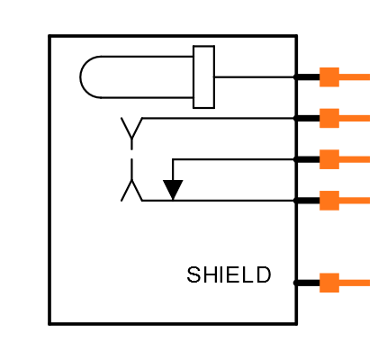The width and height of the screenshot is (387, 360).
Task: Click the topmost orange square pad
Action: [329, 77]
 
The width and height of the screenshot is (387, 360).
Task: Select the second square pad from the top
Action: [329, 118]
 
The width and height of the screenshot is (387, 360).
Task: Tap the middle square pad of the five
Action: [329, 159]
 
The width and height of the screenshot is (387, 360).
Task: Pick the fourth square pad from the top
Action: [329, 201]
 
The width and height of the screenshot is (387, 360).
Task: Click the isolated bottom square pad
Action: [329, 283]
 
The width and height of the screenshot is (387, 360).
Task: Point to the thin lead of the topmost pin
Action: [355, 77]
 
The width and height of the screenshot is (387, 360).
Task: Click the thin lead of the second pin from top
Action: [355, 118]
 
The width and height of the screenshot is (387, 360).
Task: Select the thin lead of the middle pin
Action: [355, 159]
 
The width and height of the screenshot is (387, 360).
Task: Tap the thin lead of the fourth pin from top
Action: [355, 201]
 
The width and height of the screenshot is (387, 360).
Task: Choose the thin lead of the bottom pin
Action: [355, 283]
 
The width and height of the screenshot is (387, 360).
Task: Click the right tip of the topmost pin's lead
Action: [368, 77]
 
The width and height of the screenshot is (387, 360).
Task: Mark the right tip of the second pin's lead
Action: [368, 118]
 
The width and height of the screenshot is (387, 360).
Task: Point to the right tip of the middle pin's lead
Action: [368, 159]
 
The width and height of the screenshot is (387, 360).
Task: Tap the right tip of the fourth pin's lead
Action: [368, 201]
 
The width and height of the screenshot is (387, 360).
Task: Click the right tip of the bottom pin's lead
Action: [368, 283]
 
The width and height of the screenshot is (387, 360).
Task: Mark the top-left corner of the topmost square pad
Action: [320, 67]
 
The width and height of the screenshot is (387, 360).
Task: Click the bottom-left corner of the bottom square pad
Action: [320, 292]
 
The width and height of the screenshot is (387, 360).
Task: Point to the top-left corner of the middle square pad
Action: [320, 150]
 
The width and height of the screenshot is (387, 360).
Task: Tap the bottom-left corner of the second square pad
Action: [320, 127]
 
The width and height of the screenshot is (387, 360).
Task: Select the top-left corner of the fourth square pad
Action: [320, 192]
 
